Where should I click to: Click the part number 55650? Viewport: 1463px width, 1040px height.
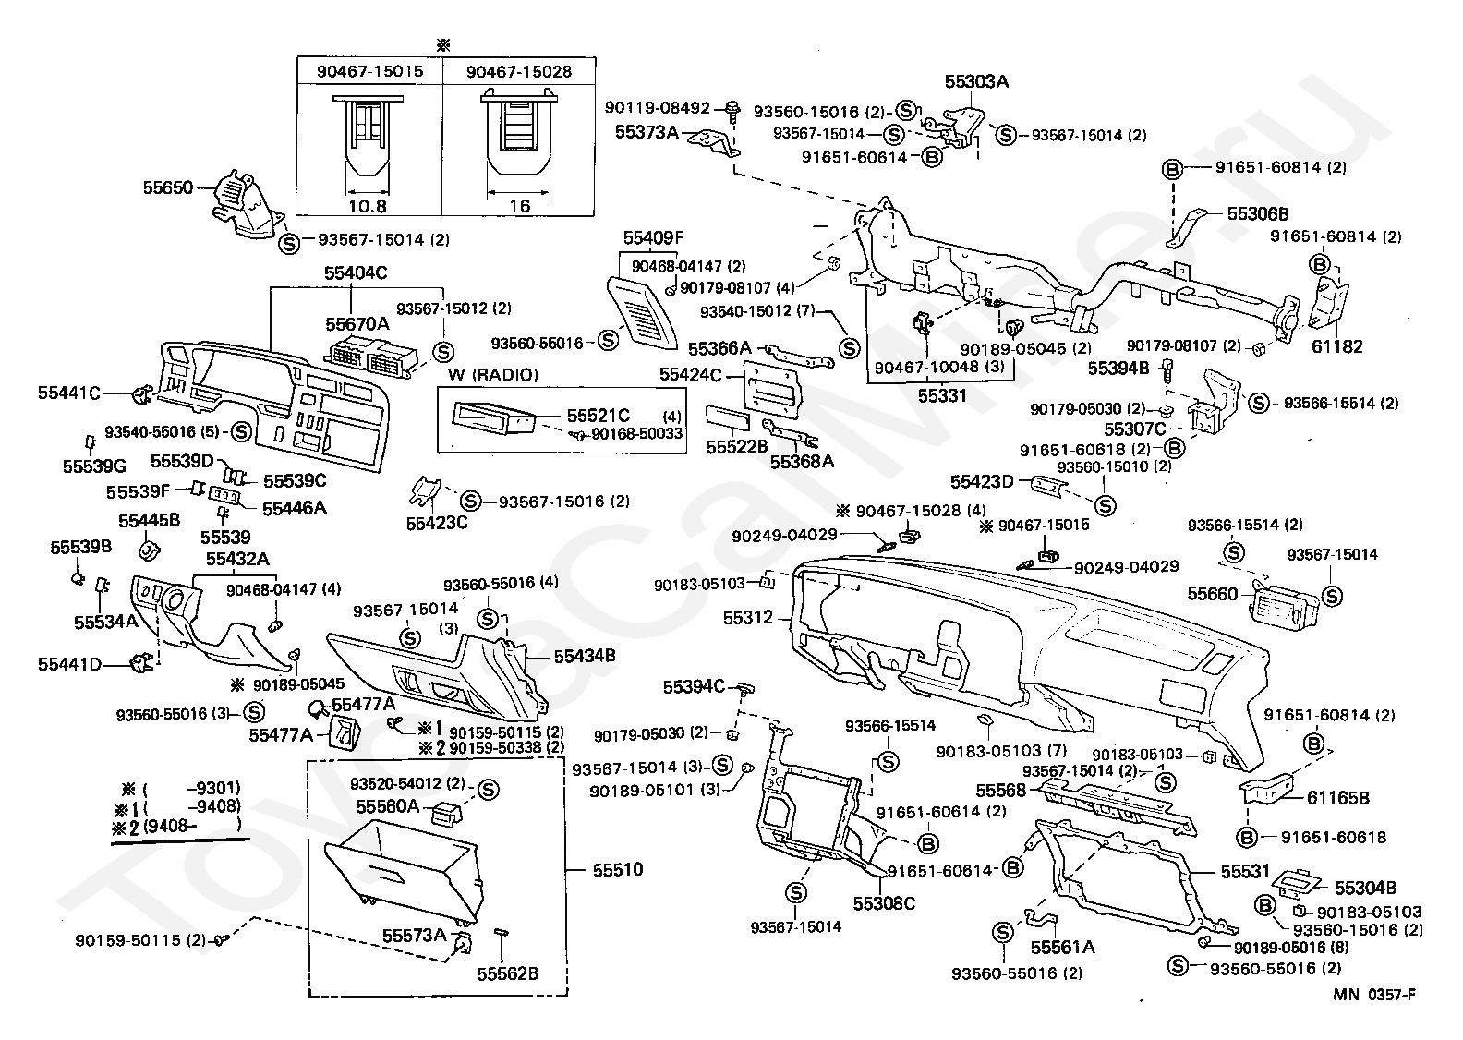pos(167,187)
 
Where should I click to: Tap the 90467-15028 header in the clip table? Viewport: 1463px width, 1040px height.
pos(518,71)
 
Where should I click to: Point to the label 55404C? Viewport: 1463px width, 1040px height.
pos(355,273)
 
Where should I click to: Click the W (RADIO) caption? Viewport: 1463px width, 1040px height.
pos(492,374)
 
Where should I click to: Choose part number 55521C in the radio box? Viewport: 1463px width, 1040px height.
pos(598,417)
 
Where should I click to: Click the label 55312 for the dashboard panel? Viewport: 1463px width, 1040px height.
pos(748,618)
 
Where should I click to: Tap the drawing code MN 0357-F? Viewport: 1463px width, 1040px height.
pos(1373,995)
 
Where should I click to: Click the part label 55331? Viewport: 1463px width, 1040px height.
pos(943,395)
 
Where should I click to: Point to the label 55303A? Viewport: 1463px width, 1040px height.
pos(976,81)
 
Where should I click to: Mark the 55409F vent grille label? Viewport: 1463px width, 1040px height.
pos(653,237)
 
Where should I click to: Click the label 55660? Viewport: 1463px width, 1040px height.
pos(1213,594)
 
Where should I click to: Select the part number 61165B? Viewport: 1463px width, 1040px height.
pos(1337,798)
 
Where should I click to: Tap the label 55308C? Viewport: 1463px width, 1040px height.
pos(883,902)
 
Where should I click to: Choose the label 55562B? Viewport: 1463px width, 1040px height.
pos(507,973)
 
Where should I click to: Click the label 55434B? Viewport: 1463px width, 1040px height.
pos(585,655)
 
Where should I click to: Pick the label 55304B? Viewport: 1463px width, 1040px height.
pos(1363,888)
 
